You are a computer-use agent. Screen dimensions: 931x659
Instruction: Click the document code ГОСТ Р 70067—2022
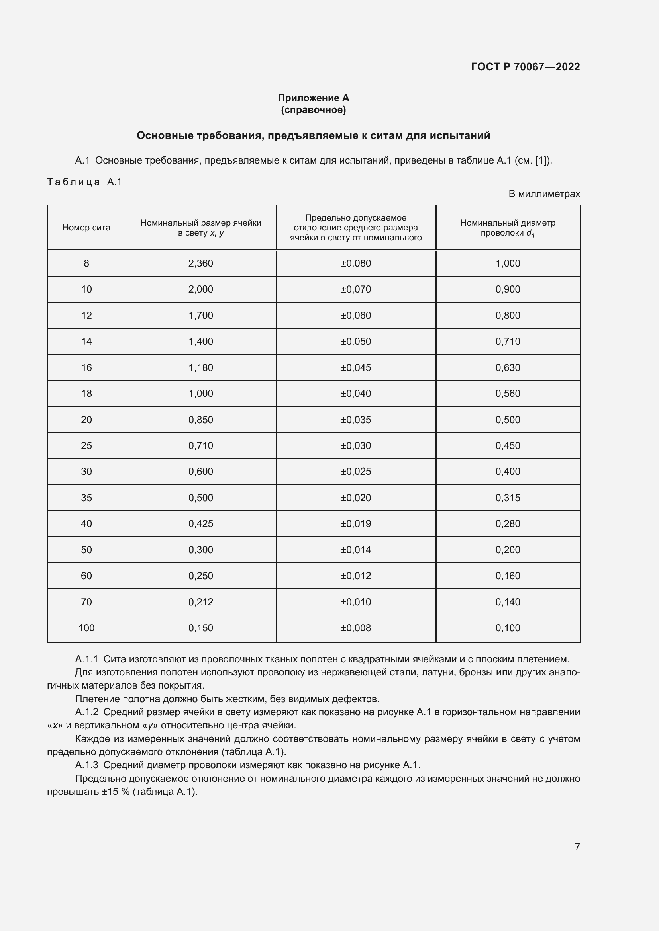point(525,67)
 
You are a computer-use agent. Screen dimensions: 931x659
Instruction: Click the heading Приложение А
point(313,98)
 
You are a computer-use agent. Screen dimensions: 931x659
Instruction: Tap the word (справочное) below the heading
point(313,110)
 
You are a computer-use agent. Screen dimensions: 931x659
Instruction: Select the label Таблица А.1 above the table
point(84,182)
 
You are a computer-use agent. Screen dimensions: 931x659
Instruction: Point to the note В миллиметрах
point(544,194)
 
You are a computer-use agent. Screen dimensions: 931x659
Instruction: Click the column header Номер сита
point(86,228)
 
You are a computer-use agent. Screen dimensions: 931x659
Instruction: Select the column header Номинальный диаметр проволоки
point(508,228)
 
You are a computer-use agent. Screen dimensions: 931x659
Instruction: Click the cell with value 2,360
point(200,263)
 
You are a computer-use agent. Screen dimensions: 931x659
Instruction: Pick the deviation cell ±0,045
point(355,367)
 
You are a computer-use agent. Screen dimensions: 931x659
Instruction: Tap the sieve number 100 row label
point(86,628)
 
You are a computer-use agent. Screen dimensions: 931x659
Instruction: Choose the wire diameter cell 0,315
point(508,498)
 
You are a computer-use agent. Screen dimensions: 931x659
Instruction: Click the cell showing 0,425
point(200,523)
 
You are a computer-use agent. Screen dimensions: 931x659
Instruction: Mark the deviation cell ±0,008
point(355,628)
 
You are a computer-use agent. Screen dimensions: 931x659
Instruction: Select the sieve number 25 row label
point(86,446)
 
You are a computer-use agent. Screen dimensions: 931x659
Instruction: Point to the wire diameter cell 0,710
point(508,342)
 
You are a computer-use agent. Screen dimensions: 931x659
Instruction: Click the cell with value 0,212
point(200,602)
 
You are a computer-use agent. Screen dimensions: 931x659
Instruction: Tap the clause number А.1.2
point(86,712)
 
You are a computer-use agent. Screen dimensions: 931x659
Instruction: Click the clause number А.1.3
point(86,765)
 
